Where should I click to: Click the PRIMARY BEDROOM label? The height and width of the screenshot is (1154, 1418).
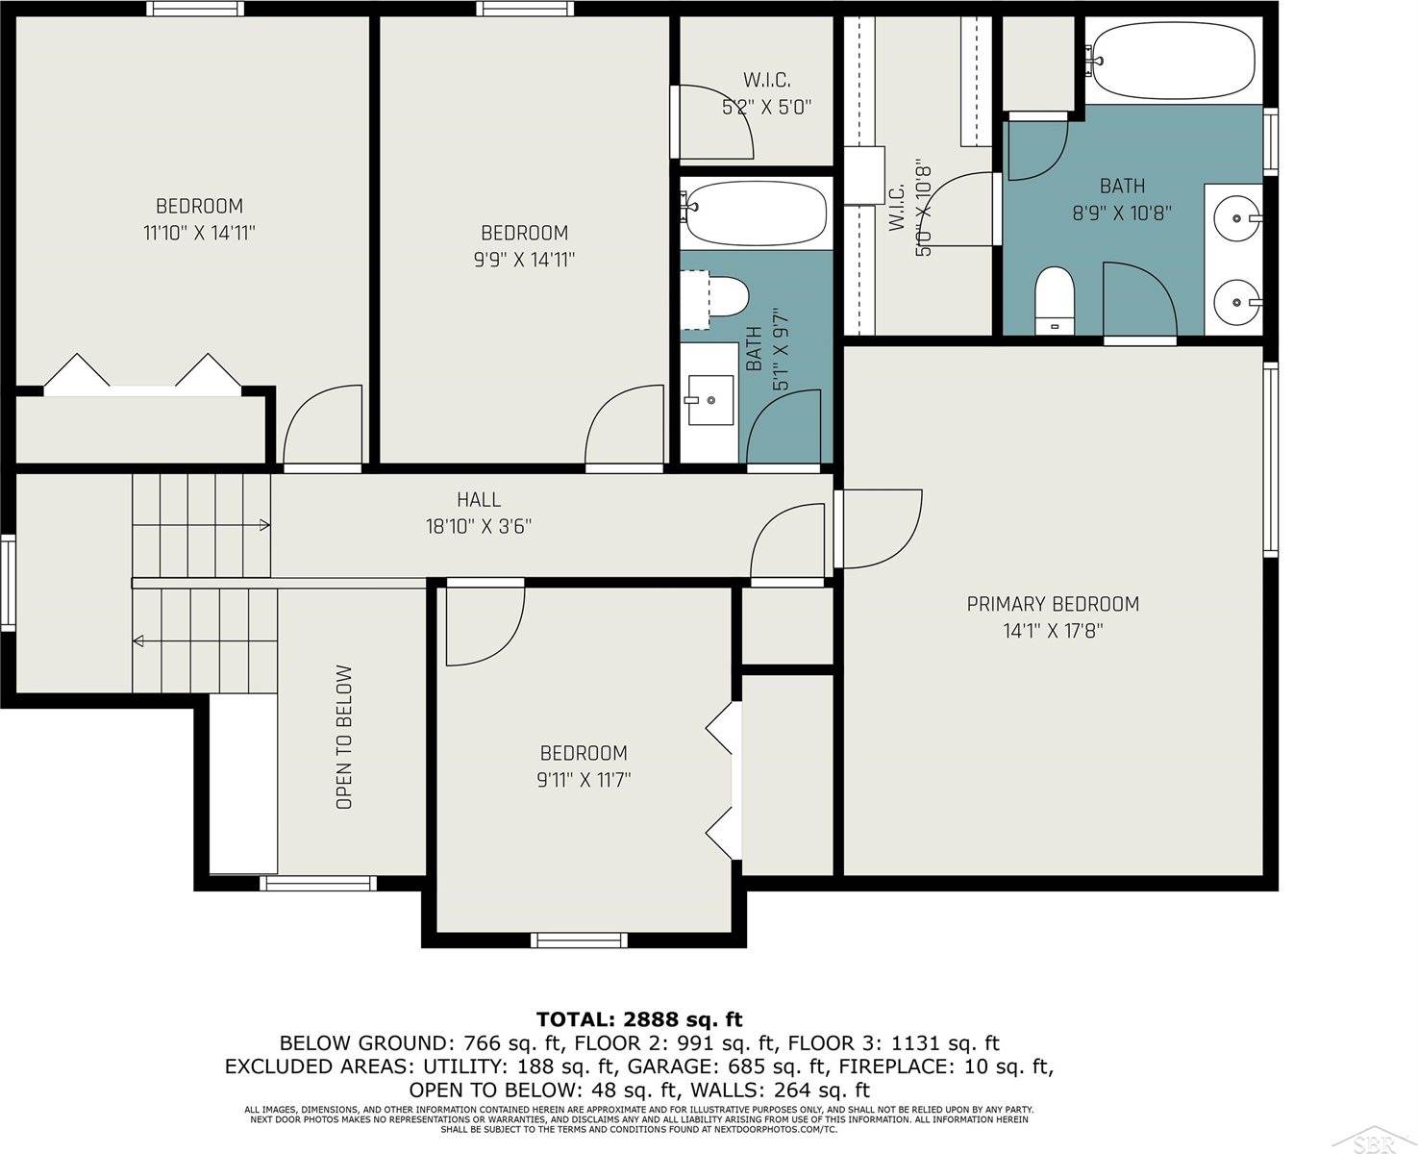[x=1053, y=604]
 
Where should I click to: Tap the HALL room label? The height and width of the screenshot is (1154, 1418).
[x=479, y=499]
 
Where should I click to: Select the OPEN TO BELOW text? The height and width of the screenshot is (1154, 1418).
[x=344, y=738]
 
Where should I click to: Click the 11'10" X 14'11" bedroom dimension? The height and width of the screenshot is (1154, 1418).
[x=199, y=233]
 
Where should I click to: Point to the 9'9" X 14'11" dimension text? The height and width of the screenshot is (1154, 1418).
[x=524, y=260]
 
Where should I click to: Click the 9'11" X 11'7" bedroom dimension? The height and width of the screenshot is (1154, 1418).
[x=584, y=780]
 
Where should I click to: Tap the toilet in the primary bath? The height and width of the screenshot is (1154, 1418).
[x=1055, y=300]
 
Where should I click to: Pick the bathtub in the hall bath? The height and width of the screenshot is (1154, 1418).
[x=756, y=213]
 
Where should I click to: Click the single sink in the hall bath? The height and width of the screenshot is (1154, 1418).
[x=709, y=399]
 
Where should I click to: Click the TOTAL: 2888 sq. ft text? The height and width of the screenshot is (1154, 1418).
[x=639, y=1019]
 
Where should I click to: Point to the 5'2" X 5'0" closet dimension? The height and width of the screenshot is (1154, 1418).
[x=766, y=107]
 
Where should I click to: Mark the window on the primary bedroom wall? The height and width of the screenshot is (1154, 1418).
[x=1271, y=460]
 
